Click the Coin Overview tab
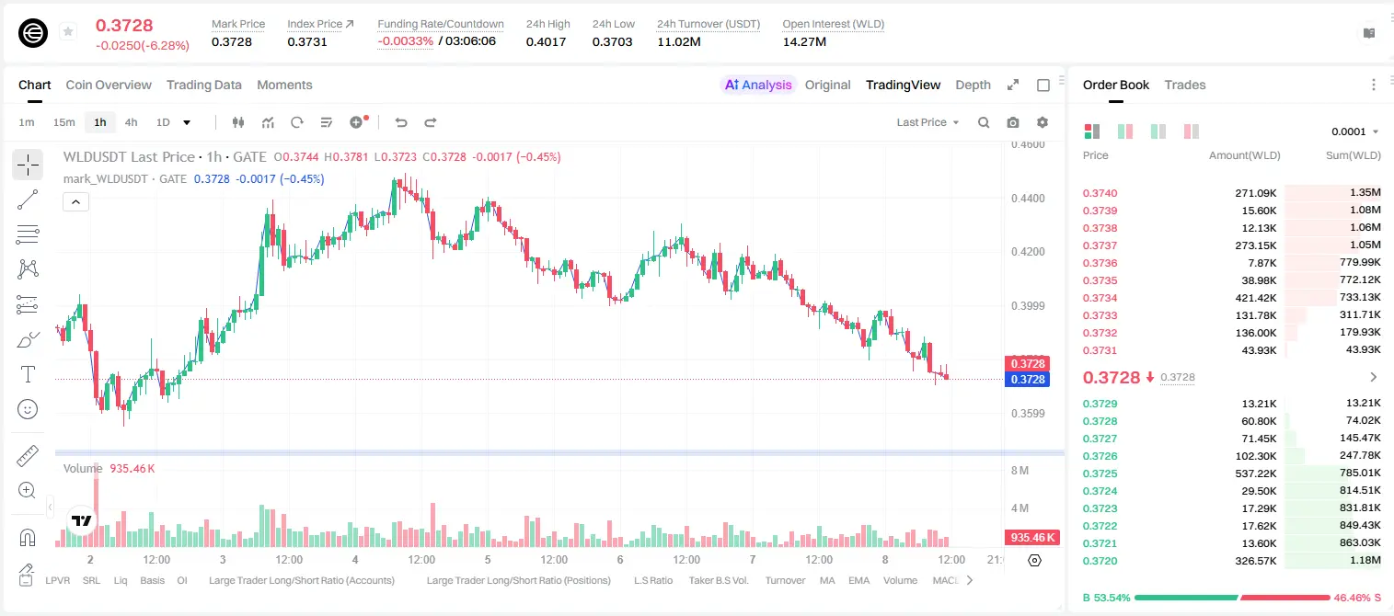109,85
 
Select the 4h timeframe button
131,122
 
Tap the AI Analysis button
758,85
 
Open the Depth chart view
973,85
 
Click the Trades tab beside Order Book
1185,85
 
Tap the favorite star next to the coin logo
68,31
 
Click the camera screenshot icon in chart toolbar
1013,122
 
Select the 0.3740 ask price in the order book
1100,193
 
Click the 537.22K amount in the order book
1256,473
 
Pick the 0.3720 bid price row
1100,561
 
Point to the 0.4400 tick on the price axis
1028,199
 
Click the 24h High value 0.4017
546,41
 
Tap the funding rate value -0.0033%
405,41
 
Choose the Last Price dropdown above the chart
927,122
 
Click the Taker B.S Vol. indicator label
718,580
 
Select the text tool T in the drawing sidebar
28,374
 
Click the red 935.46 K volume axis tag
1031,538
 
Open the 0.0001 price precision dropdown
1354,131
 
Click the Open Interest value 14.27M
804,41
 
